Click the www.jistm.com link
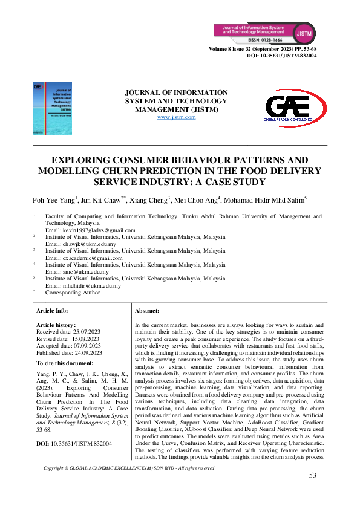tap(176, 117)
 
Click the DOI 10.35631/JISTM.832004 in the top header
tap(282, 55)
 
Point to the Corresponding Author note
tap(73, 293)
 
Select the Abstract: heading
tap(147, 310)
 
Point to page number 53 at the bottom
tap(313, 476)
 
